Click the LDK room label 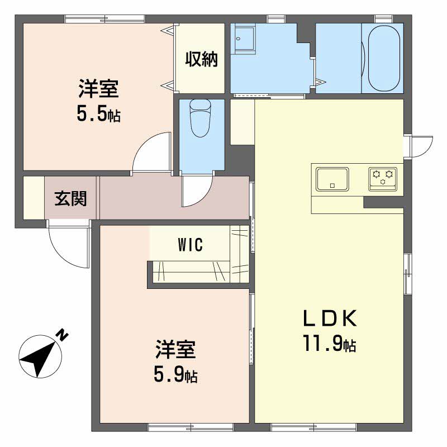[330, 318]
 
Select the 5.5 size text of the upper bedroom [99, 113]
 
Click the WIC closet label [191, 244]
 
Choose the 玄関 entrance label [70, 198]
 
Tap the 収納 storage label [202, 59]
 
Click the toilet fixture [200, 118]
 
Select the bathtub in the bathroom [383, 59]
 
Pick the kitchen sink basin [332, 179]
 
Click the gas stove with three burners [383, 179]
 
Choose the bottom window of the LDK [313, 427]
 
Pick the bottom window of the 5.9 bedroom [191, 427]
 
